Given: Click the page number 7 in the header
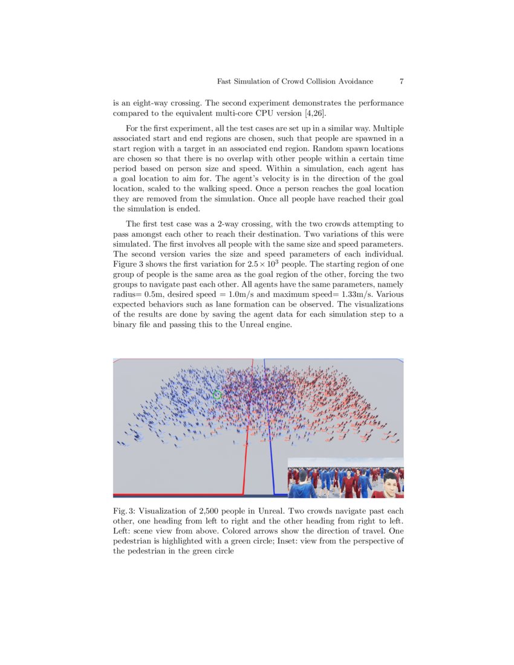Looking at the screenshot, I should pos(402,81).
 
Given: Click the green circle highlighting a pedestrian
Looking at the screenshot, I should pos(218,395).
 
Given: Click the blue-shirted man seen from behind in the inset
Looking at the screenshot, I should pos(301,484).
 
